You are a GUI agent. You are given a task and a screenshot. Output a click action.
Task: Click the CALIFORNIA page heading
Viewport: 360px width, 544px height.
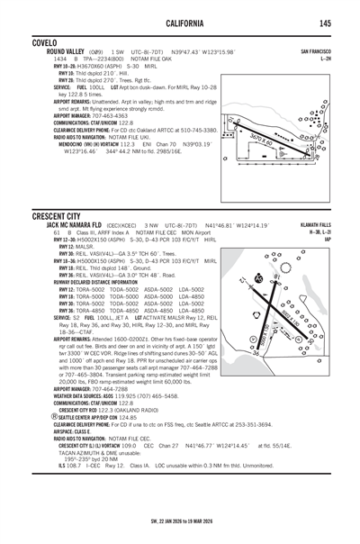point(180,23)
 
